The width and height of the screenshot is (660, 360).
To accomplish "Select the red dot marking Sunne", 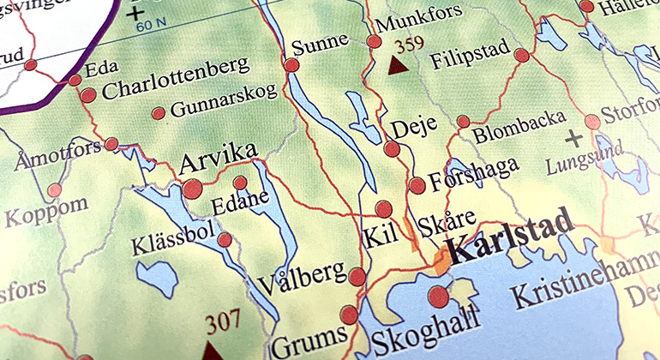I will pyautogui.click(x=291, y=65).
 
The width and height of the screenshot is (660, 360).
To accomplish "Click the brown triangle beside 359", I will pyautogui.click(x=397, y=65).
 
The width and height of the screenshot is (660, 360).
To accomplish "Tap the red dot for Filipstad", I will pyautogui.click(x=521, y=56).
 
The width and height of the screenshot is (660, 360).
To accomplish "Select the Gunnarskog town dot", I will pyautogui.click(x=158, y=113).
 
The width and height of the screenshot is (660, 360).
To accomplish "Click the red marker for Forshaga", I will pyautogui.click(x=417, y=185).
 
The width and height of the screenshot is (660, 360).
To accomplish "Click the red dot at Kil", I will pyautogui.click(x=383, y=208).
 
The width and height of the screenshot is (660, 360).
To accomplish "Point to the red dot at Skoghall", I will pyautogui.click(x=438, y=297).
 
